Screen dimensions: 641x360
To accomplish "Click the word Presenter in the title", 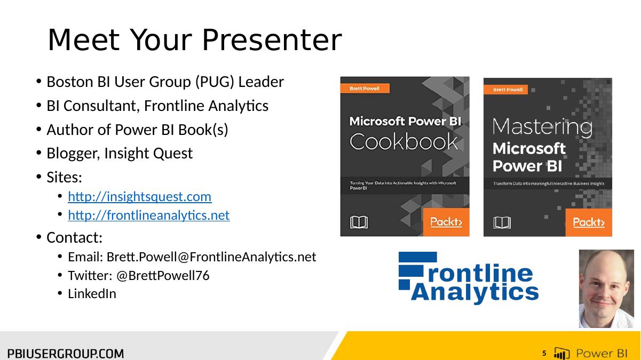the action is [272, 40].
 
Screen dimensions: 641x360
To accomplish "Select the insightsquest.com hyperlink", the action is [140, 197].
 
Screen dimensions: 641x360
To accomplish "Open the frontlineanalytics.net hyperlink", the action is [149, 215].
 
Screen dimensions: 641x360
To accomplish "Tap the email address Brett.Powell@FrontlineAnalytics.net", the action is [211, 257].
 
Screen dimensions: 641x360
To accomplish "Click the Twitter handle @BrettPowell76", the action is [163, 276].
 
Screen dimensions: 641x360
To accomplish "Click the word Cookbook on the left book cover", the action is [403, 141].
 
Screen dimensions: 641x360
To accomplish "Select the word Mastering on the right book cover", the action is [542, 127].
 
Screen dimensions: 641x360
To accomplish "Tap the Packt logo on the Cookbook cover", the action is [446, 222].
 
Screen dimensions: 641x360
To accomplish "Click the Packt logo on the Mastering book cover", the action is [589, 222].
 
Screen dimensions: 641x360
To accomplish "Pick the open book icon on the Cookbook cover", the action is [359, 222].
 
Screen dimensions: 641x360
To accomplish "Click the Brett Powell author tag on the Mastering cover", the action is [506, 90].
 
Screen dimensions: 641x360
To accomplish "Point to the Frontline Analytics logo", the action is [469, 278].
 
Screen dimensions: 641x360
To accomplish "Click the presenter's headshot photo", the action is [606, 289].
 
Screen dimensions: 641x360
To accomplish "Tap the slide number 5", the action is [544, 353].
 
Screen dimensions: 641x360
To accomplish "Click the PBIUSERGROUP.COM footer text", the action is [66, 354].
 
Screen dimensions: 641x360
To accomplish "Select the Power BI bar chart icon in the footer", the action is [561, 353].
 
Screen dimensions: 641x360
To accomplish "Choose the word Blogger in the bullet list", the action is [73, 154].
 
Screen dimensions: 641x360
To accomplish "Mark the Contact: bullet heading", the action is [74, 238].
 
